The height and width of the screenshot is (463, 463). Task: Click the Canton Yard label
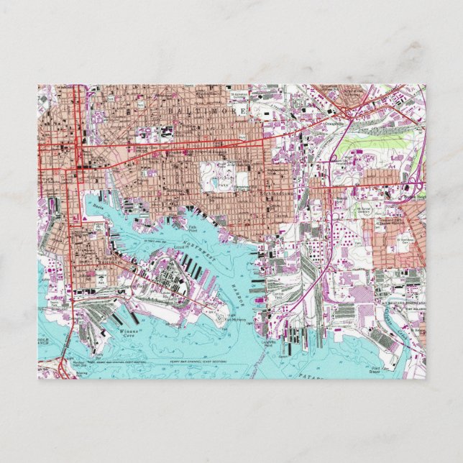click(278, 295)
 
